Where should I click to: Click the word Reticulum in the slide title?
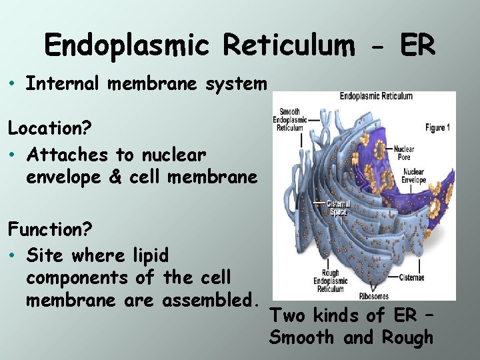click(x=289, y=46)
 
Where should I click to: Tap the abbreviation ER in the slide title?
click(x=417, y=46)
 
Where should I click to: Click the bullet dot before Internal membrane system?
click(x=13, y=84)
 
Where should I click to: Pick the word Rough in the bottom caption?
click(x=407, y=338)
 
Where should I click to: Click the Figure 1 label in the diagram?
click(x=437, y=127)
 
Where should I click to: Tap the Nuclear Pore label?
click(x=404, y=153)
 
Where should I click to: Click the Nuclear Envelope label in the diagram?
click(x=413, y=176)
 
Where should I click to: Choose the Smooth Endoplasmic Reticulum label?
click(x=289, y=120)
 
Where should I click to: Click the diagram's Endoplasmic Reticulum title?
click(x=376, y=96)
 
